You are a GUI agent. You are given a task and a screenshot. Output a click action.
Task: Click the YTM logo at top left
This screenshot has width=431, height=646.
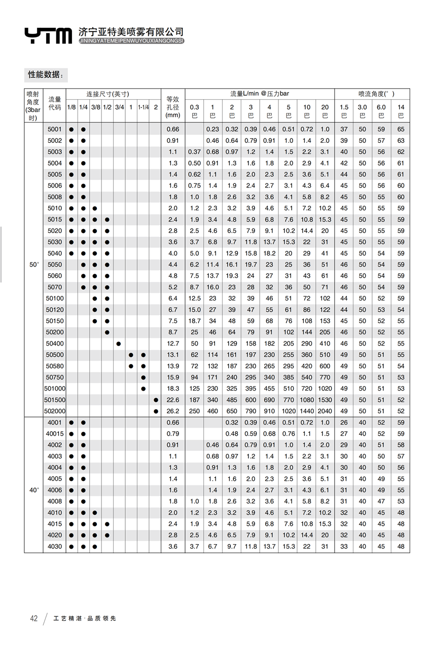(x=48, y=35)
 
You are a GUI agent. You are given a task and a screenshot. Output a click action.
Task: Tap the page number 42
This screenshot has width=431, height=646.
(x=34, y=618)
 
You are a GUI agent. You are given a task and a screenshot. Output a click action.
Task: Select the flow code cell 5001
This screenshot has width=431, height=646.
(x=55, y=129)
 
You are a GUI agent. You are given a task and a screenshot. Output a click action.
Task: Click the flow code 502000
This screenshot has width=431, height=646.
(x=55, y=411)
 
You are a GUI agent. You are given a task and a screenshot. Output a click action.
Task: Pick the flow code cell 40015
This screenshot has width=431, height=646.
(x=55, y=434)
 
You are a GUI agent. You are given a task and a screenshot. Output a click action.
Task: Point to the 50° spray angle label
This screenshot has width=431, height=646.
(x=33, y=264)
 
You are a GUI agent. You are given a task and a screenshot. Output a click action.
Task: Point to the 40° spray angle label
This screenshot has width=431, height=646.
(x=33, y=490)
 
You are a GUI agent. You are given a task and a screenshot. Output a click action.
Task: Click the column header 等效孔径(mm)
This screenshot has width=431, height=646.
(x=173, y=107)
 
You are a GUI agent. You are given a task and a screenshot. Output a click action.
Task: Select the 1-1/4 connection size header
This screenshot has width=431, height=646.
(x=143, y=107)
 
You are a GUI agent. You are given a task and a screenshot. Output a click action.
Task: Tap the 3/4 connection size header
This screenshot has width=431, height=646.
(x=119, y=107)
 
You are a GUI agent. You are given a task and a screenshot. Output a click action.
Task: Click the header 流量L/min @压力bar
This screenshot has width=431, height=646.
(x=260, y=94)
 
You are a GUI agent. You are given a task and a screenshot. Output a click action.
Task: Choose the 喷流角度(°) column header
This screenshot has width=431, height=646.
(x=372, y=94)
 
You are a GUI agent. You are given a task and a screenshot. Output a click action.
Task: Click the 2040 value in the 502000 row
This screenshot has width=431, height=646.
(x=325, y=411)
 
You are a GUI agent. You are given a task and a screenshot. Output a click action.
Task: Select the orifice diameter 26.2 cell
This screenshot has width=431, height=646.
(x=173, y=411)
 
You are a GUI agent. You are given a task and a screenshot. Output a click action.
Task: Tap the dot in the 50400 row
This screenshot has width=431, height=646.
(x=119, y=344)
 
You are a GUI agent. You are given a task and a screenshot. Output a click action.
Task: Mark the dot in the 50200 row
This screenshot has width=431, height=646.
(x=107, y=332)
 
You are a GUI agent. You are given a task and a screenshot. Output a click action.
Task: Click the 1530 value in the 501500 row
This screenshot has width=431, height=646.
(x=325, y=400)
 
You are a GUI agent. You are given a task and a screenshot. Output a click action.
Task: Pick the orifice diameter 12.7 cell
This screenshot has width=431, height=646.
(x=173, y=344)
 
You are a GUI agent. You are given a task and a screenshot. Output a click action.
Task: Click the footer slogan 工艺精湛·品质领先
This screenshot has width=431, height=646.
(x=85, y=618)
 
